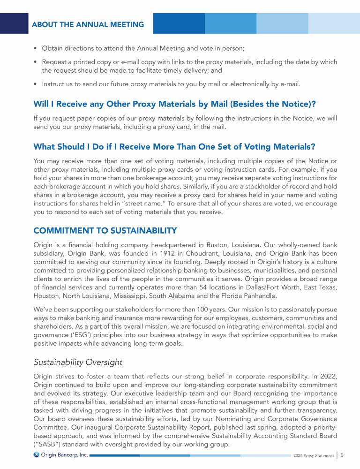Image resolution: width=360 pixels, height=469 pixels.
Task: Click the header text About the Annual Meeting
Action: [88, 24]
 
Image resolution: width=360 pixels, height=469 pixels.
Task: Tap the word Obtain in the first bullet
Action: [52, 48]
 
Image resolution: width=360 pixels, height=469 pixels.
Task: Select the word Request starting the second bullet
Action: [55, 62]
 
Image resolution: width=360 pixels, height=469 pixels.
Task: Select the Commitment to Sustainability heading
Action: [105, 230]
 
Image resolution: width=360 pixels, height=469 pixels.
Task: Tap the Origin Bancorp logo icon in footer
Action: [37, 454]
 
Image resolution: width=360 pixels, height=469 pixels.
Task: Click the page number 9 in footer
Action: [342, 454]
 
